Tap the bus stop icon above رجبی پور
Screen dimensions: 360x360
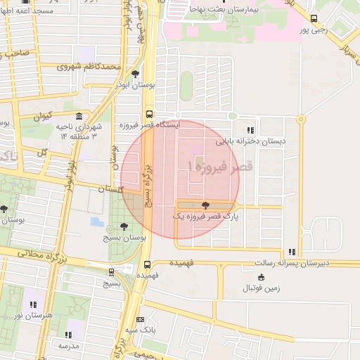coord(313,20)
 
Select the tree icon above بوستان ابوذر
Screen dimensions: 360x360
coord(135,73)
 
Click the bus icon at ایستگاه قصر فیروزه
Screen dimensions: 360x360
coord(148,115)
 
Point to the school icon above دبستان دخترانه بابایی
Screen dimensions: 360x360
coord(251,129)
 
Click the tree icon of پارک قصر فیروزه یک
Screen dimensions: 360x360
coord(205,206)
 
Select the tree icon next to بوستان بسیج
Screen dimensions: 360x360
coord(124,227)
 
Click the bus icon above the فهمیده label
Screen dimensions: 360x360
coord(147,265)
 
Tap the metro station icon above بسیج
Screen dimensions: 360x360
coord(112,272)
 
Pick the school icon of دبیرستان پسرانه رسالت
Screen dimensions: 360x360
coord(292,252)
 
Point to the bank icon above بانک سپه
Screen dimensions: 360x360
coord(140,319)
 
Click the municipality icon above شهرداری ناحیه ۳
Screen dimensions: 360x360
coord(77,116)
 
